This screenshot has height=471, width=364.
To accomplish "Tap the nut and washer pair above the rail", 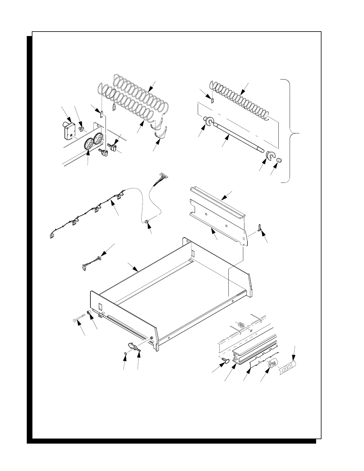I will pos(241,325).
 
